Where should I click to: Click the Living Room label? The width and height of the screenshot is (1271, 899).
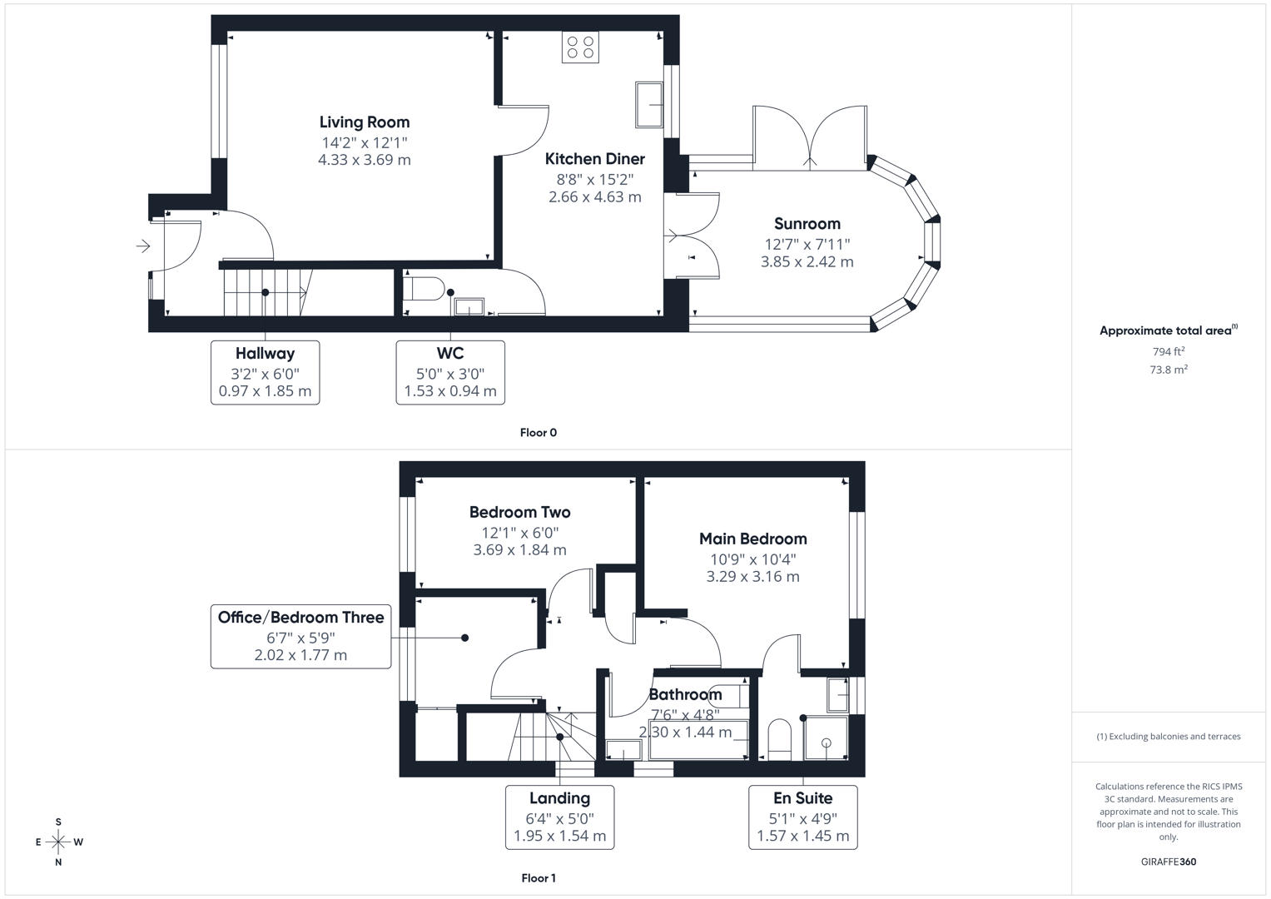point(365,122)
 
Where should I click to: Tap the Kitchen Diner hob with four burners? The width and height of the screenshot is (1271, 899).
point(580,47)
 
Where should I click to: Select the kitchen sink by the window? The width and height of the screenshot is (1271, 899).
point(649,104)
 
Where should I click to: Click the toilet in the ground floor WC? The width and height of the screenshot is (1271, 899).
point(424,288)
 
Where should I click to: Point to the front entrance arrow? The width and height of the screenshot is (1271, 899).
point(143,246)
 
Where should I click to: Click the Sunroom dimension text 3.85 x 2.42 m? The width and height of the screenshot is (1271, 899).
point(807,261)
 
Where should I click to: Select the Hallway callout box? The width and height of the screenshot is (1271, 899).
point(265,372)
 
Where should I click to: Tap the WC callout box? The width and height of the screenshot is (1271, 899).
point(450,372)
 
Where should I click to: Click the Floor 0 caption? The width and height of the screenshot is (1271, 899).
point(538,433)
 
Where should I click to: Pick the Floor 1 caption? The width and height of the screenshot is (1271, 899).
point(538,878)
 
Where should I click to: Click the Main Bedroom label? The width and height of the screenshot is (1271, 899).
point(752,539)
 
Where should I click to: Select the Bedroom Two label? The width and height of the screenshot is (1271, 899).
point(519,513)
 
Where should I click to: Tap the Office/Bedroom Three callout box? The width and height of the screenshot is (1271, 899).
point(300,636)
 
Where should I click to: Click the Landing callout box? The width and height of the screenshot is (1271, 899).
point(559,817)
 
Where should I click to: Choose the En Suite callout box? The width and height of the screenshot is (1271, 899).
point(802,817)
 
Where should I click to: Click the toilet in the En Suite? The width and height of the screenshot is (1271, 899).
point(780,738)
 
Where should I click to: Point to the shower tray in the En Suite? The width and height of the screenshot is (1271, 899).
point(826,738)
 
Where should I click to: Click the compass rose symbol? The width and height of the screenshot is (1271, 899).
point(58,842)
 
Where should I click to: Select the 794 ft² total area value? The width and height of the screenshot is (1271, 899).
point(1169,352)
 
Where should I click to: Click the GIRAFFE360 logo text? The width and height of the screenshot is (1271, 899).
point(1168,862)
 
